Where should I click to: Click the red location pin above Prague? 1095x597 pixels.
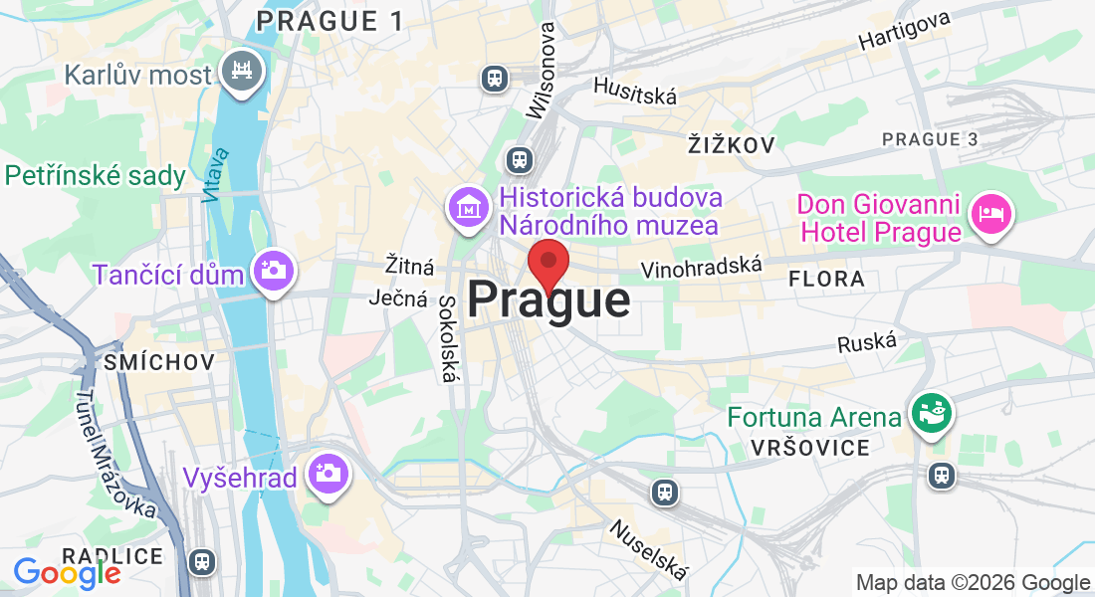[547, 265]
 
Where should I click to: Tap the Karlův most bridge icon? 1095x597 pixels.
[242, 71]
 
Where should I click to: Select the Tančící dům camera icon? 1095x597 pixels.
[271, 270]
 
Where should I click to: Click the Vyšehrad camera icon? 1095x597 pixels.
[326, 473]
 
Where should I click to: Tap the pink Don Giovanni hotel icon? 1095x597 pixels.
[991, 211]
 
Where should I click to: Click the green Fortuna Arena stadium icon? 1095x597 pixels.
[933, 412]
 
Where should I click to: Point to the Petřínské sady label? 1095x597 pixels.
[96, 176]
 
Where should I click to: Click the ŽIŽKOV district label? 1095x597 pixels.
[731, 145]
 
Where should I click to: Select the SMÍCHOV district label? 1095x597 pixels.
[159, 362]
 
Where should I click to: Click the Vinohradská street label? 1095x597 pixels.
[702, 267]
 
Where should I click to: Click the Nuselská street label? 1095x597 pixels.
[648, 550]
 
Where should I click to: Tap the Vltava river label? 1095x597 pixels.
[214, 175]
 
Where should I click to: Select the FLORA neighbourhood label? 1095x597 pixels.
[826, 280]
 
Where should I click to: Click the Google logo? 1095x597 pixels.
[67, 573]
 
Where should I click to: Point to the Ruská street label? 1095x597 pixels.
[861, 343]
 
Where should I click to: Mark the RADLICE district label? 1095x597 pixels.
[112, 555]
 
